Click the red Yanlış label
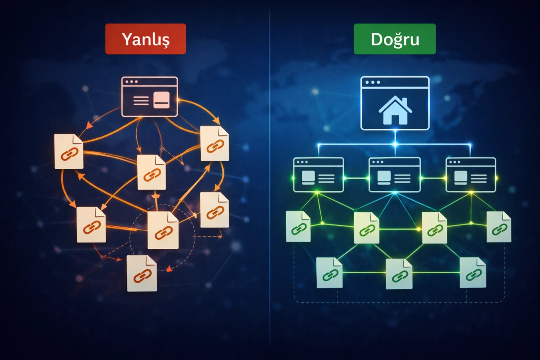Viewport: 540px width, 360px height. pyautogui.click(x=145, y=39)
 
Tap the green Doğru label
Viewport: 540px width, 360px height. pyautogui.click(x=395, y=39)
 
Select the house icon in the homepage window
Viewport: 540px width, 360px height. pyautogui.click(x=395, y=111)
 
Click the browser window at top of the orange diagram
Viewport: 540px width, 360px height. pyautogui.click(x=150, y=97)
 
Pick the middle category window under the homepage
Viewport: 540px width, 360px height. pyautogui.click(x=395, y=175)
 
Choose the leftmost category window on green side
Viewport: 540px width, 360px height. pyautogui.click(x=318, y=175)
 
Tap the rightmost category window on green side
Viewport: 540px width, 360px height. pyautogui.click(x=471, y=175)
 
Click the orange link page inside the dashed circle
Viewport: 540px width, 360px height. pyautogui.click(x=163, y=230)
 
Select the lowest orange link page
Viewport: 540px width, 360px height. pyautogui.click(x=142, y=273)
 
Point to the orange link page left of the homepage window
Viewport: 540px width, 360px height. pyautogui.click(x=69, y=151)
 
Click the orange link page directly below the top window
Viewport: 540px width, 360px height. pyautogui.click(x=152, y=172)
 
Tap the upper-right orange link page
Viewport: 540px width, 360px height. pyautogui.click(x=215, y=144)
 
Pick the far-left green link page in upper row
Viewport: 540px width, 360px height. pyautogui.click(x=298, y=226)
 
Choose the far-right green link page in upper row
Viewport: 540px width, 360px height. pyautogui.click(x=499, y=227)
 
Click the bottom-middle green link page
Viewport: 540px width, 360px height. pyautogui.click(x=399, y=274)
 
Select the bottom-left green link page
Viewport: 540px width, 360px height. pyautogui.click(x=329, y=273)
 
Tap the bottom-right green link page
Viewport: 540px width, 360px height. pyautogui.click(x=472, y=272)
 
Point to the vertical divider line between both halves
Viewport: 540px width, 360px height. pyautogui.click(x=270, y=180)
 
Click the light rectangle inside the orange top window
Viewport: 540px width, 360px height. pyautogui.click(x=161, y=100)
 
